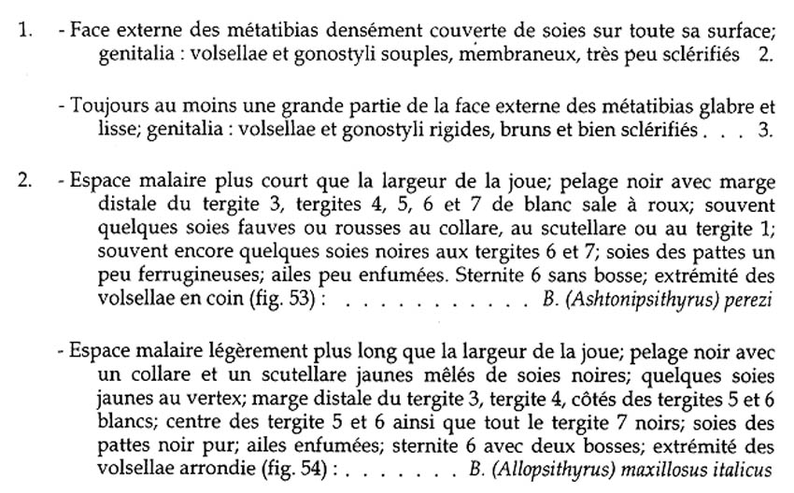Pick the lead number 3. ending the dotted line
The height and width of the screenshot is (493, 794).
click(x=765, y=129)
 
